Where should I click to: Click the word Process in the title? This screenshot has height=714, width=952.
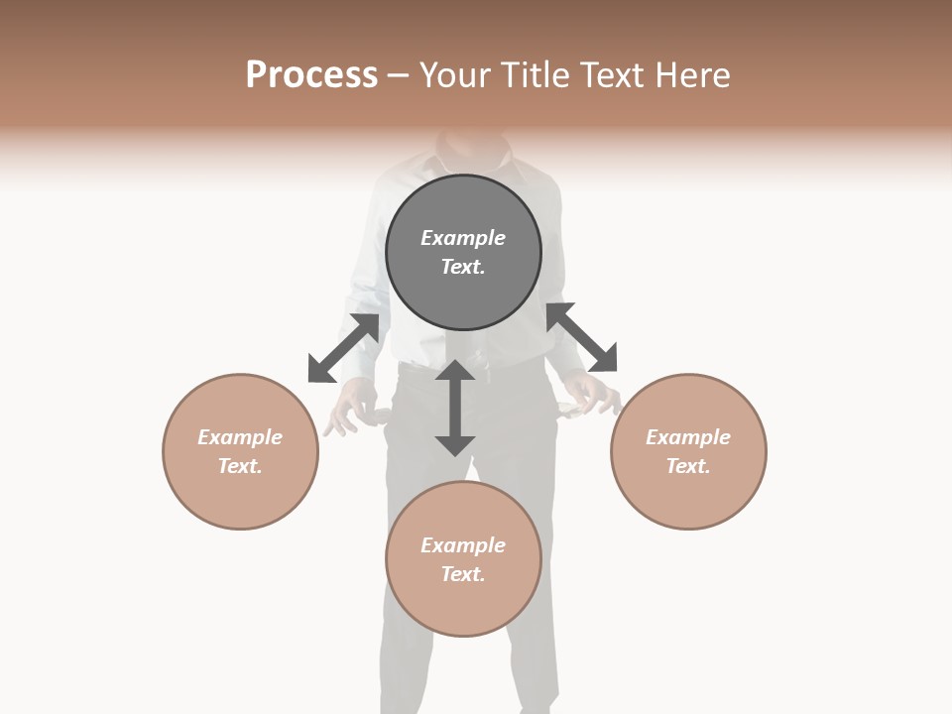click(x=311, y=75)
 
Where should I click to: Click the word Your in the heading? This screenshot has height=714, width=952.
click(x=456, y=75)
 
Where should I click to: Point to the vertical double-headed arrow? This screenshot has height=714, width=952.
click(x=454, y=408)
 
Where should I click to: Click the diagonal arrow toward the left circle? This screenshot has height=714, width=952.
click(x=343, y=348)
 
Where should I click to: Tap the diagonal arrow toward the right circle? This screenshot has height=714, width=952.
click(x=582, y=338)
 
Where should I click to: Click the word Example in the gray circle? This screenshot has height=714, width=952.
click(x=463, y=238)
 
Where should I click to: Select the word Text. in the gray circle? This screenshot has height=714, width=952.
click(x=463, y=267)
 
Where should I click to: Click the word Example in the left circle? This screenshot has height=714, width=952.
click(x=240, y=437)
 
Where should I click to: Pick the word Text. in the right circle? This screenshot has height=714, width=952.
click(x=688, y=466)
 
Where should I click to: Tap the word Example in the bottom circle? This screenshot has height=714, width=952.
click(x=463, y=545)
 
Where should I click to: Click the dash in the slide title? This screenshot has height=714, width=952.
click(x=399, y=76)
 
